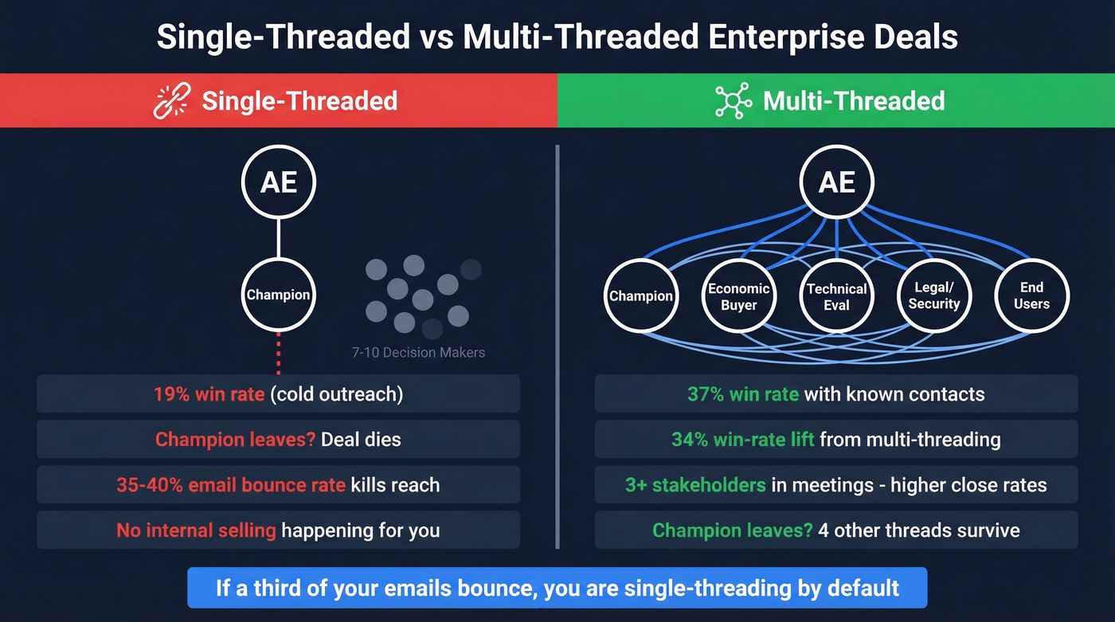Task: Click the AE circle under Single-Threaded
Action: (x=279, y=182)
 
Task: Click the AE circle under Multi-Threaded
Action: (x=836, y=182)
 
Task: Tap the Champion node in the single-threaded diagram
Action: (x=279, y=295)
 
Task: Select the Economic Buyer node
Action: (x=738, y=296)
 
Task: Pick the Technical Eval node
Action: (x=836, y=296)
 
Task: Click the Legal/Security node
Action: (x=934, y=296)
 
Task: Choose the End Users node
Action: (x=1031, y=296)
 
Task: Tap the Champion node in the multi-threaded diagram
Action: (x=641, y=296)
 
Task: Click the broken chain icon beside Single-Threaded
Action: (x=171, y=101)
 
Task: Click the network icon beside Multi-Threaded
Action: (x=733, y=101)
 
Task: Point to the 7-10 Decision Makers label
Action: (x=418, y=352)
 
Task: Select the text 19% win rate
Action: (x=209, y=394)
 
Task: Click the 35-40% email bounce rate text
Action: (x=230, y=484)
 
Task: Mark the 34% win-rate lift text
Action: (x=742, y=439)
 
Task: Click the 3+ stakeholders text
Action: (x=695, y=484)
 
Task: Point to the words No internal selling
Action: (x=196, y=530)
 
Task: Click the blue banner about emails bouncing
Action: (x=557, y=589)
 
